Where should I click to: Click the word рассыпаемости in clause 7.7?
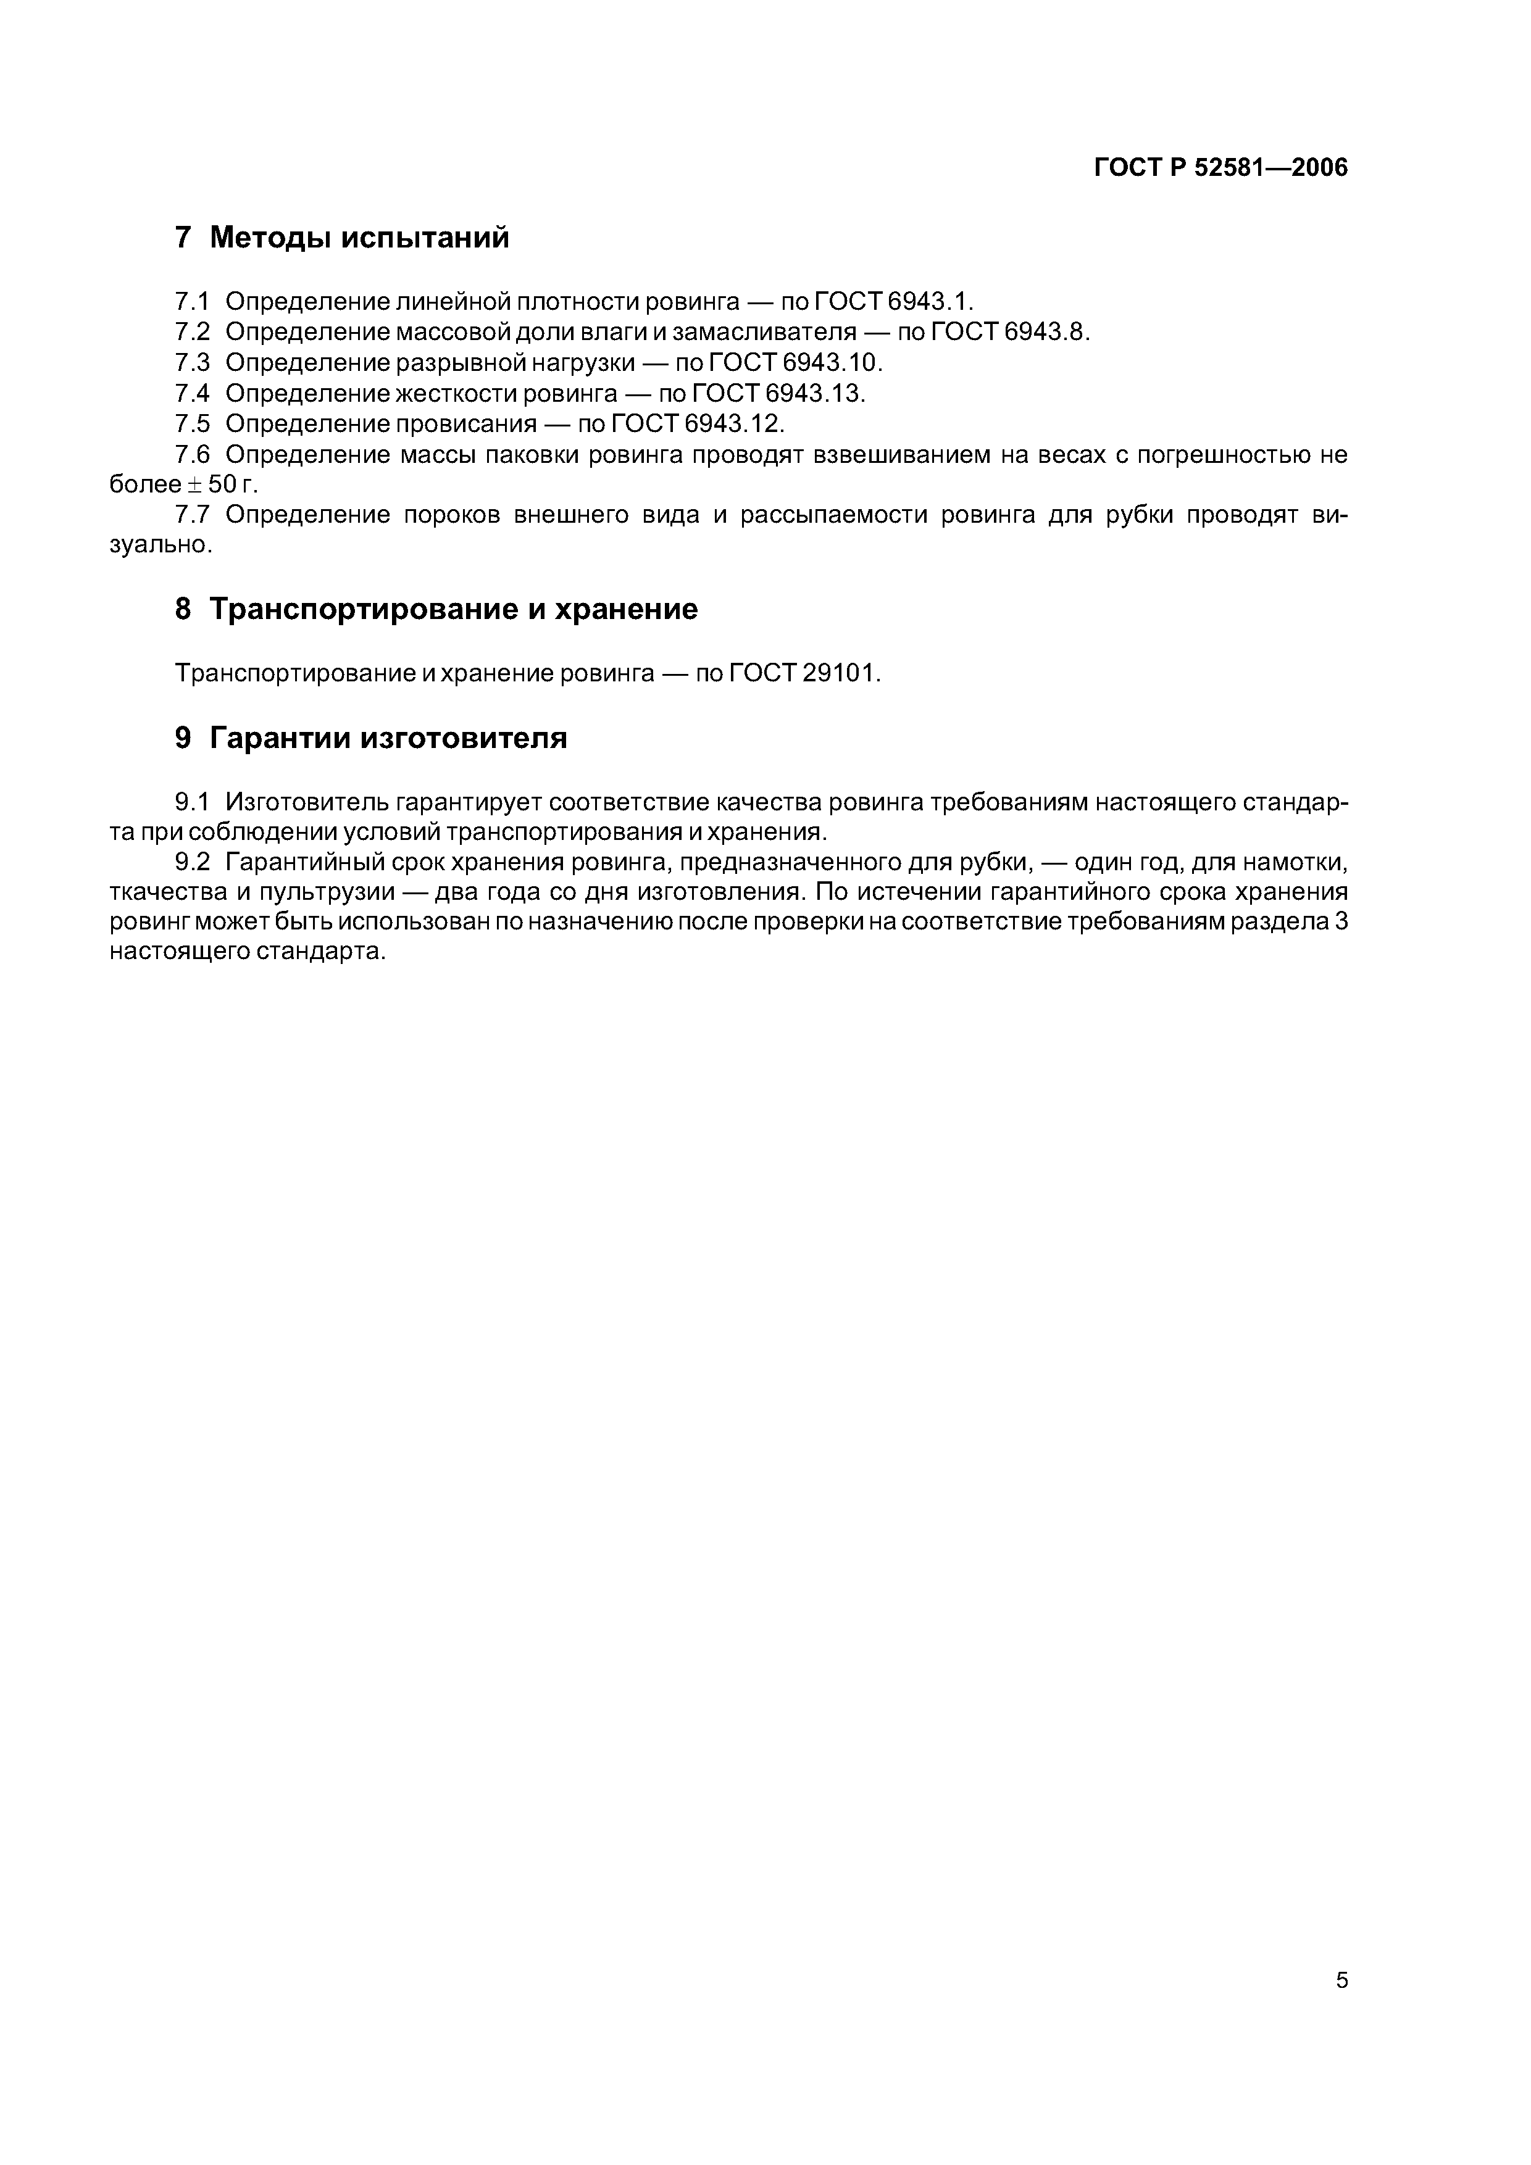[x=830, y=515]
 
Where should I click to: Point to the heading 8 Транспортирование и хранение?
[x=436, y=609]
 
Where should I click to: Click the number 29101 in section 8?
[x=840, y=673]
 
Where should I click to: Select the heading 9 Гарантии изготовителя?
[x=371, y=738]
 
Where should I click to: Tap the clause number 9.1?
[x=191, y=802]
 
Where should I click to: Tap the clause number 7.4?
[x=191, y=393]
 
